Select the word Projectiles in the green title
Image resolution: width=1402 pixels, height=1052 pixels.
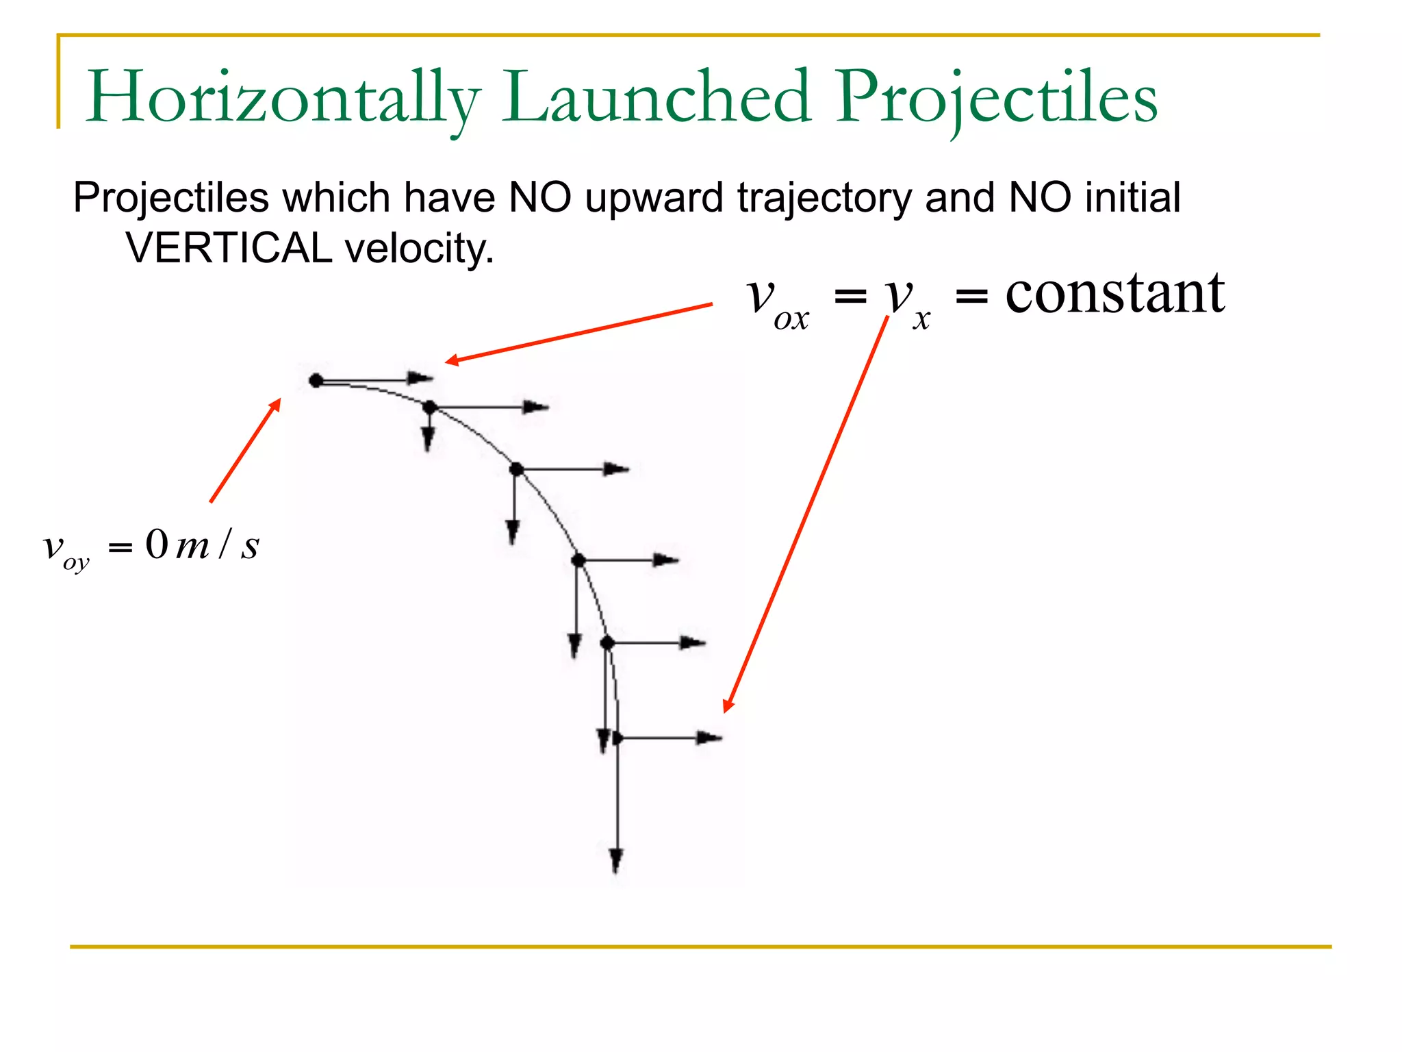(995, 98)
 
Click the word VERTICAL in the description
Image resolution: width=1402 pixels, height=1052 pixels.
(229, 248)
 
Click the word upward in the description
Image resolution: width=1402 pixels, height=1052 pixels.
(654, 199)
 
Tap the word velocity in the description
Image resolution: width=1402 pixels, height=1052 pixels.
(419, 248)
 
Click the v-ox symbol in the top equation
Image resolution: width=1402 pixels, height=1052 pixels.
(777, 301)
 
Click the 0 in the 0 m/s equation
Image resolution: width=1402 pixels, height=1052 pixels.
(156, 545)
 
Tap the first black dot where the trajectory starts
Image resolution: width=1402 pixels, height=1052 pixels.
(316, 380)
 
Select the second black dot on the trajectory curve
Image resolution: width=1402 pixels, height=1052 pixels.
(430, 408)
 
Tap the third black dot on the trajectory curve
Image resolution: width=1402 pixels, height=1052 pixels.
(516, 469)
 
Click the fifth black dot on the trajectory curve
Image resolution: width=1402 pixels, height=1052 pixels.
(607, 643)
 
